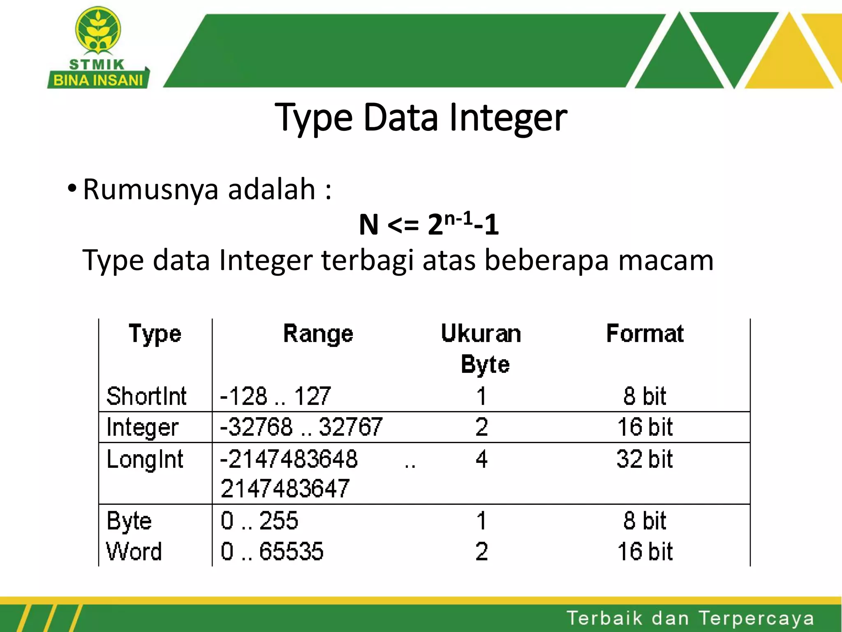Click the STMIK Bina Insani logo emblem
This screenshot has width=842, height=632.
[98, 31]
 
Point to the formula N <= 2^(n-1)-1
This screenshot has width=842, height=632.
[429, 224]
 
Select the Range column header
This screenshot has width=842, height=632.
[318, 334]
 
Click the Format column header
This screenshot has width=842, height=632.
[645, 334]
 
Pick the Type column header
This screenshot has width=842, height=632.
[155, 334]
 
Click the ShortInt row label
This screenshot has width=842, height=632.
[146, 396]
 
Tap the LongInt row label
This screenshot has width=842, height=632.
[145, 459]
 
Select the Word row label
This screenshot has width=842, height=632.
[134, 551]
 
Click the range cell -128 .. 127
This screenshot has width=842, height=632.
[275, 396]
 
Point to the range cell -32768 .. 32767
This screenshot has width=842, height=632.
[301, 427]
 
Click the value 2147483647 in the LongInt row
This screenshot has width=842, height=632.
[285, 489]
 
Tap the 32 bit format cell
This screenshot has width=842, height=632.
[645, 459]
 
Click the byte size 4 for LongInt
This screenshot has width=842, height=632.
[481, 459]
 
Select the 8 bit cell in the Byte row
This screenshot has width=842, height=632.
[645, 521]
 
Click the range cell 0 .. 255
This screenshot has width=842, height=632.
[259, 521]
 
